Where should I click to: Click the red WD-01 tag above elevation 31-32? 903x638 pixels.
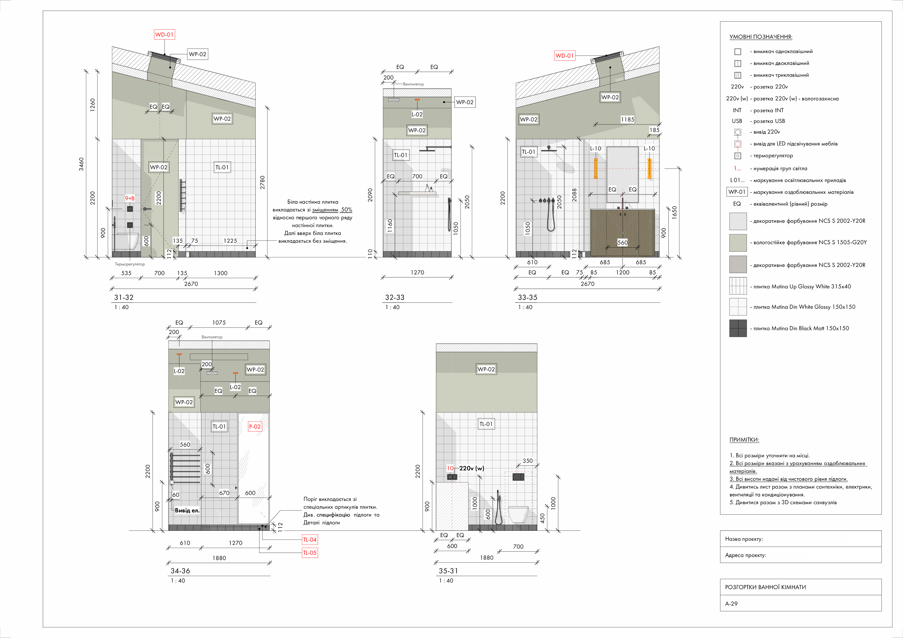164,35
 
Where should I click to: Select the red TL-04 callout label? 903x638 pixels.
310,540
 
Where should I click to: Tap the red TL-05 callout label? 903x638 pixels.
310,553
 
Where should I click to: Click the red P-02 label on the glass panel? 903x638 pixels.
255,427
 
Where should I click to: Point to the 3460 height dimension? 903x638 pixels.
81,164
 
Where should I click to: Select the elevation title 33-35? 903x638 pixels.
527,297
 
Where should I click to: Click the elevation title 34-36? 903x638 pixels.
180,571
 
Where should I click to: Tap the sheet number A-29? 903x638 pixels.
731,603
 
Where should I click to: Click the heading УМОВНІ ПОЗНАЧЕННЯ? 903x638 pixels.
761,37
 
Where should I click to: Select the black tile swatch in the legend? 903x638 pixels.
738,328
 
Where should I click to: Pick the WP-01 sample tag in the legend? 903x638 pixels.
737,192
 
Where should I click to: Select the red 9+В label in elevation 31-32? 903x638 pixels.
130,198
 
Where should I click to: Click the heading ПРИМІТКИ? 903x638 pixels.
744,440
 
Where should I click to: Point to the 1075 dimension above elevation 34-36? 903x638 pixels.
219,323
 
